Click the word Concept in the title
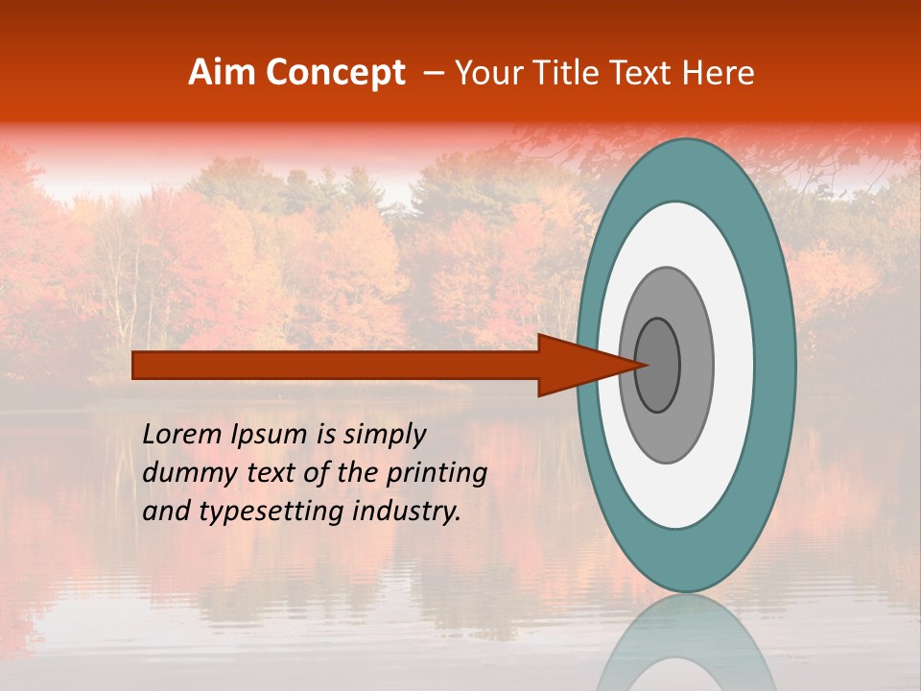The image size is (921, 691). point(336,73)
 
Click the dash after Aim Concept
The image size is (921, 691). point(433,74)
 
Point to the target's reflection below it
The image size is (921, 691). point(686,643)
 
